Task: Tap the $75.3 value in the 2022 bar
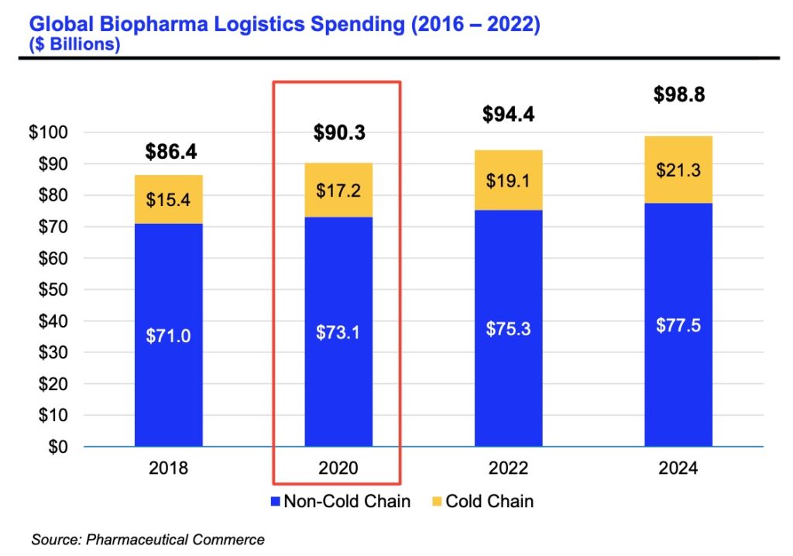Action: [x=508, y=328]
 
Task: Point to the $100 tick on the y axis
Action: [x=49, y=132]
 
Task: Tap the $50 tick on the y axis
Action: [x=52, y=290]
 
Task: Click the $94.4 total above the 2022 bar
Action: [x=508, y=115]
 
